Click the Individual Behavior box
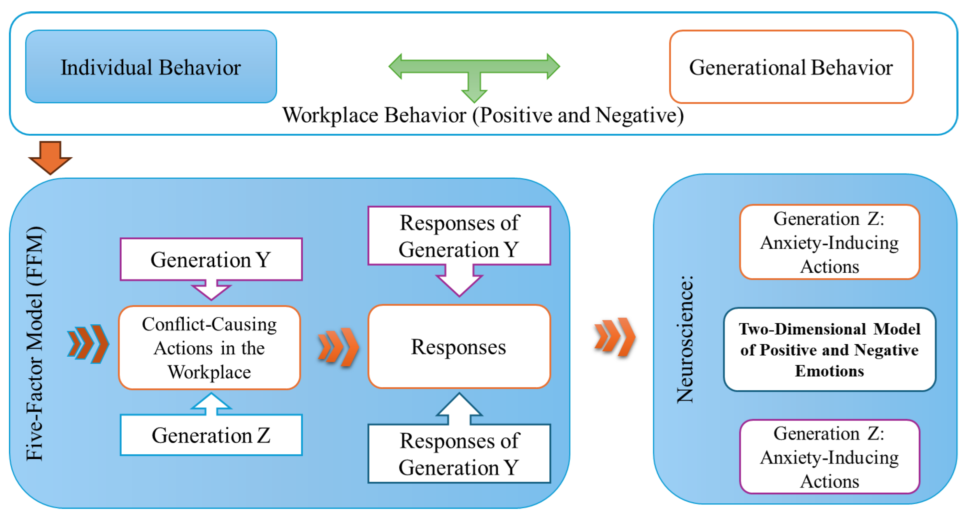(x=151, y=67)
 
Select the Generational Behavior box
(x=791, y=67)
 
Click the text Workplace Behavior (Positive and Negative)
(x=482, y=115)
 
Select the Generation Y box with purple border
(x=211, y=259)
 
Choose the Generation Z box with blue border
(x=211, y=435)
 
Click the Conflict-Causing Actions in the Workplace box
(x=209, y=348)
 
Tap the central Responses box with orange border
(x=459, y=347)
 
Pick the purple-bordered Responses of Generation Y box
(x=459, y=236)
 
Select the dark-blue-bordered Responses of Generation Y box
(x=459, y=454)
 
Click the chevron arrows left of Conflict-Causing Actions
(x=88, y=344)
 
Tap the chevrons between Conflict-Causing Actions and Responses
(x=338, y=347)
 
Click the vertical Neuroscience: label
(x=685, y=339)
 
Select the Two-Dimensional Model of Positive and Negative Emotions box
(x=829, y=350)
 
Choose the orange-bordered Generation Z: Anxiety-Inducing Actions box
(x=829, y=242)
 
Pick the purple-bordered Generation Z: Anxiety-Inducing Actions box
(x=829, y=457)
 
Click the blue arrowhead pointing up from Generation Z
(x=211, y=403)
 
